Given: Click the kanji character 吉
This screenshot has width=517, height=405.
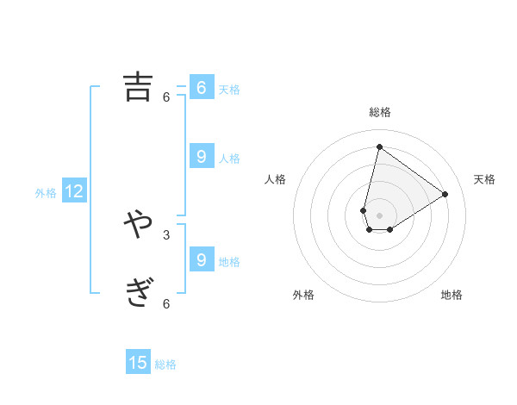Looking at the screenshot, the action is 138,87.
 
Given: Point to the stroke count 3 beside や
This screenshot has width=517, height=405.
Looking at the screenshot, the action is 166,234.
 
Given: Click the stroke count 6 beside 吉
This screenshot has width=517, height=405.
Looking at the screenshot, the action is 166,97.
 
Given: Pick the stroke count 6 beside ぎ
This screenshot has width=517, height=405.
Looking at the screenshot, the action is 166,303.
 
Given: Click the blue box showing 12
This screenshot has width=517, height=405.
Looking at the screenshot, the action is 74,192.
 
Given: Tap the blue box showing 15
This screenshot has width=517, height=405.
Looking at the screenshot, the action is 138,363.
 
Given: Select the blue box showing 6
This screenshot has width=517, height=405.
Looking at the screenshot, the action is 201,88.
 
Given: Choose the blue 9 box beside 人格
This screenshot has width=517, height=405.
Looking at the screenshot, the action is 201,157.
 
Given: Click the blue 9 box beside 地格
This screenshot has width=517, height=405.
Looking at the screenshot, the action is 201,259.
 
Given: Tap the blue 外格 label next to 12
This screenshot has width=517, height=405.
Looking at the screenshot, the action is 46,193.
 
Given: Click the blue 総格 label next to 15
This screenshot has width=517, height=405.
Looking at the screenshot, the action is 165,364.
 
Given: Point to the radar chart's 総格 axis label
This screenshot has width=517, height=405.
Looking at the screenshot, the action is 379,112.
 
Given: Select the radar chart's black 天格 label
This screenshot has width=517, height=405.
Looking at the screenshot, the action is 484,179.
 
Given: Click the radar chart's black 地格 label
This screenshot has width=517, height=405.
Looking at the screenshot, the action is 452,295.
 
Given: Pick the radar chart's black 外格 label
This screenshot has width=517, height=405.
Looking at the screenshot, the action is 303,295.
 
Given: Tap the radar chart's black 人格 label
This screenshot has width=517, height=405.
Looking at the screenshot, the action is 276,179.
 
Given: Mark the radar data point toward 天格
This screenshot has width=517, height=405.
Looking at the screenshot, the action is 445,194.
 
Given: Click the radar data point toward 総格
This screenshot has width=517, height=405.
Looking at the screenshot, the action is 379,146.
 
